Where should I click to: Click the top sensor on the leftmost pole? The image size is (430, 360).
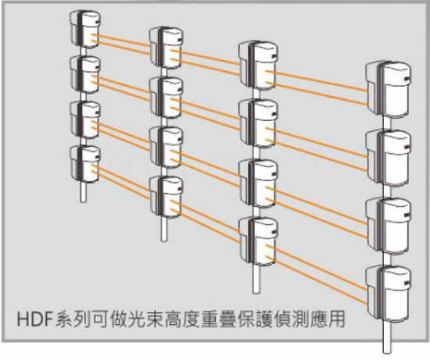pyautogui.click(x=85, y=29)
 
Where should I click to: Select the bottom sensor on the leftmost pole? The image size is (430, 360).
pyautogui.click(x=85, y=164)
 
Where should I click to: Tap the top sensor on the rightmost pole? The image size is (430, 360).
pyautogui.click(x=389, y=89)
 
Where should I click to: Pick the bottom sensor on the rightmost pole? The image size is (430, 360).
pyautogui.click(x=389, y=294)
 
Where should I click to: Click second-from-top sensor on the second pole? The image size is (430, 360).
pyautogui.click(x=167, y=98)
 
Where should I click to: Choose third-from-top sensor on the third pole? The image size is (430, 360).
pyautogui.click(x=258, y=184)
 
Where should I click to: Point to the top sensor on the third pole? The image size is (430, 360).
pyautogui.click(x=258, y=66)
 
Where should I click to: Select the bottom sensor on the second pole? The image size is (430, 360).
pyautogui.click(x=167, y=197)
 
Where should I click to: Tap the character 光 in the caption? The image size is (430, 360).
pyautogui.click(x=136, y=319)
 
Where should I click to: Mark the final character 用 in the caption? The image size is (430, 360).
pyautogui.click(x=336, y=319)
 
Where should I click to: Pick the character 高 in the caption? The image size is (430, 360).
pyautogui.click(x=173, y=319)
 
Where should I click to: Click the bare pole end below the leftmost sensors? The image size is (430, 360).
pyautogui.click(x=84, y=192)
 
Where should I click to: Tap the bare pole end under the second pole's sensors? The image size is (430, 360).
pyautogui.click(x=164, y=230)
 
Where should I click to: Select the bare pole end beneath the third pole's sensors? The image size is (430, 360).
pyautogui.click(x=256, y=279)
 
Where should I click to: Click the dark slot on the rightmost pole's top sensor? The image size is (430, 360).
pyautogui.click(x=407, y=79)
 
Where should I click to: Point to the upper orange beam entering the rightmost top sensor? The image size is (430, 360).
pyautogui.click(x=317, y=80)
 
